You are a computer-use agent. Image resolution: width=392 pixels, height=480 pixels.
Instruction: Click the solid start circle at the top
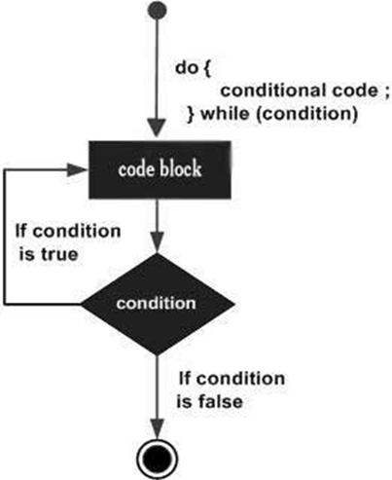157,10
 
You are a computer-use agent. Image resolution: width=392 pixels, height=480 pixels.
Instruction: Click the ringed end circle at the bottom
157,460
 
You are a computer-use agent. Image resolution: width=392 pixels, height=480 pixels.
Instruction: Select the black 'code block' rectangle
160,169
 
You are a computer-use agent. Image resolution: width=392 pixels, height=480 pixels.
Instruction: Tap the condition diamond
157,304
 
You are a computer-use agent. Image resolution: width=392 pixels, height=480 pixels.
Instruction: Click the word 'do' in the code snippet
187,67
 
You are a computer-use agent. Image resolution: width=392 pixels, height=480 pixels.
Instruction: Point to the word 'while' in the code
225,114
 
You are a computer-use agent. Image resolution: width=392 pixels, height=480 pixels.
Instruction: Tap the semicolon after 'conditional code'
385,92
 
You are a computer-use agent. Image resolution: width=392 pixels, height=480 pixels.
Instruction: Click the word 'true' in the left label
59,254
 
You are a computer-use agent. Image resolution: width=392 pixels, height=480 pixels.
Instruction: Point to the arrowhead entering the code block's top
157,129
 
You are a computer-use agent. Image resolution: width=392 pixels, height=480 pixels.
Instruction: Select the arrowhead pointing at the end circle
157,429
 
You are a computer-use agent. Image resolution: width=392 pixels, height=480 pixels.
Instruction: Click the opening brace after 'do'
207,68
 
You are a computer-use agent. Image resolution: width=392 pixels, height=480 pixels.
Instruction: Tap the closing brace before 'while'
192,114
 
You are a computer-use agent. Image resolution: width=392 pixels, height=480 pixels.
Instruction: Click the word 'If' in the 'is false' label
185,379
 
